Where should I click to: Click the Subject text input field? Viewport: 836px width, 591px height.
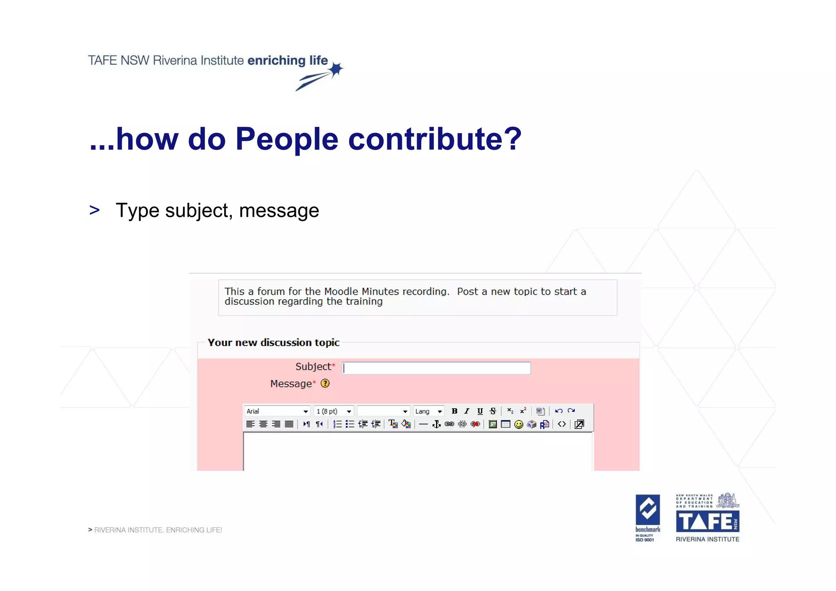tap(436, 368)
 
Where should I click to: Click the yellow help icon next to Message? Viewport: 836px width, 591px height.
tap(325, 384)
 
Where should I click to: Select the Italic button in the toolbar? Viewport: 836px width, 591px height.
tap(467, 411)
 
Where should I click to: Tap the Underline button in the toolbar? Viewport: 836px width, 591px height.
tap(480, 411)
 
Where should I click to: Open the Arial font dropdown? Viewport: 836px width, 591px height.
tap(277, 411)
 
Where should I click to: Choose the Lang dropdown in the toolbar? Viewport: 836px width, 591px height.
tap(428, 411)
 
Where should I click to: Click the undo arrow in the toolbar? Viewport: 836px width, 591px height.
tap(558, 411)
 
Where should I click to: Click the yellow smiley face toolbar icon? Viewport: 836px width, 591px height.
tap(518, 424)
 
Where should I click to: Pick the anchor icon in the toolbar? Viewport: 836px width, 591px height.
tap(436, 424)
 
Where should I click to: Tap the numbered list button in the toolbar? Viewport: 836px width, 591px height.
tap(337, 424)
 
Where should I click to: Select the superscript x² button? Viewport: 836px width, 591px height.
tap(523, 411)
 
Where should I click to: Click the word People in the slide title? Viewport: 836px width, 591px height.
tap(287, 139)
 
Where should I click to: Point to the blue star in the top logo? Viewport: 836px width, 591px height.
tap(336, 70)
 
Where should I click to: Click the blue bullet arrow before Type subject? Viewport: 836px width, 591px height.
tap(94, 211)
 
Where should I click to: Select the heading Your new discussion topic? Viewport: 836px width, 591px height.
tap(273, 342)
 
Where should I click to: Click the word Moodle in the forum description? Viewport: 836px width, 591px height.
tap(341, 291)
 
